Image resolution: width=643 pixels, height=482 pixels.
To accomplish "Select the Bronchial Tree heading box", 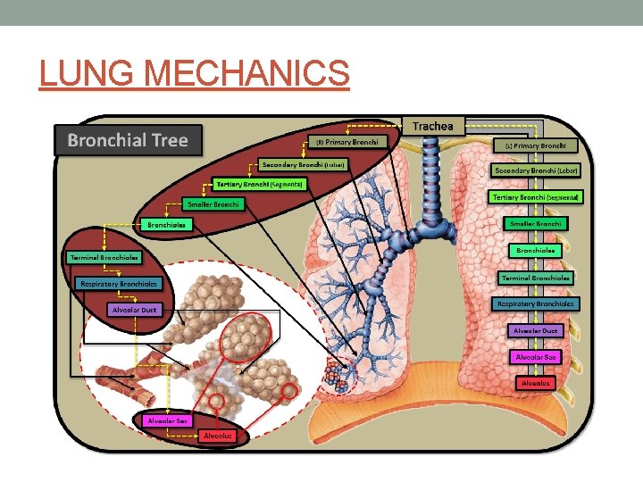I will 129,140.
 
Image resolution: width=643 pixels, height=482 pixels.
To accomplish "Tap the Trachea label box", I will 432,126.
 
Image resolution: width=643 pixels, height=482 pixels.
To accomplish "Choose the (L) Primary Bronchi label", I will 536,145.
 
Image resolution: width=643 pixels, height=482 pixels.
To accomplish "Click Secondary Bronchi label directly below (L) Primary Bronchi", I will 536,170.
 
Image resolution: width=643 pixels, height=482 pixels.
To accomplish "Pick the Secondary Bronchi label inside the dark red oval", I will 303,164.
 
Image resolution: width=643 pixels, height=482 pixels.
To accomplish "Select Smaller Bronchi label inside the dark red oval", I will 214,204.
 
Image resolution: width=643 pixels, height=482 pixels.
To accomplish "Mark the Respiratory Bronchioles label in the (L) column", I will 536,303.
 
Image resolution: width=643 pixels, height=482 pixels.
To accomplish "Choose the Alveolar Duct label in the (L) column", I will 536,330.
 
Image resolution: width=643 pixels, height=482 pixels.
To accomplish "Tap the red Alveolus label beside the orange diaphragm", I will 536,383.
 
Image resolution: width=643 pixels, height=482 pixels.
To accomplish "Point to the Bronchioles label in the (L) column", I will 536,251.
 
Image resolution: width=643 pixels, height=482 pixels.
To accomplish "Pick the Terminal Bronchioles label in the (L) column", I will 536,278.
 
